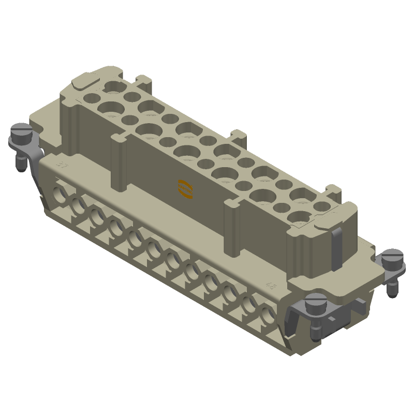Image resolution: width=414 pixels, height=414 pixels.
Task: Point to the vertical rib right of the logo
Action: [232, 228]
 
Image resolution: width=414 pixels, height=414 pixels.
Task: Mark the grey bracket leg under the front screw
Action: [297, 316]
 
